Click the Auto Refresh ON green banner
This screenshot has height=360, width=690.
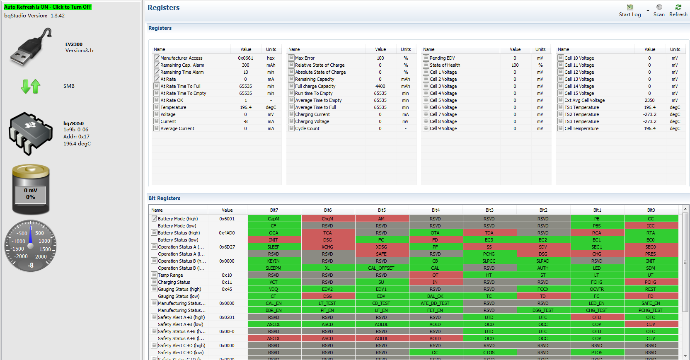pyautogui.click(x=48, y=7)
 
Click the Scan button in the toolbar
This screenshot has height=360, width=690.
pyautogui.click(x=659, y=10)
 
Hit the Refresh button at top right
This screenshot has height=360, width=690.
pyautogui.click(x=678, y=10)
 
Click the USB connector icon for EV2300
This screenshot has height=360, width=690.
pyautogui.click(x=31, y=47)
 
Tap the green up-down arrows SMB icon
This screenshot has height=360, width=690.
pyautogui.click(x=31, y=86)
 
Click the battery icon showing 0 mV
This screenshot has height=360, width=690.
pyautogui.click(x=31, y=189)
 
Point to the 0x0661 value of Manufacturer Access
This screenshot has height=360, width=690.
pyautogui.click(x=245, y=58)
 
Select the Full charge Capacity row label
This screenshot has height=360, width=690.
pyautogui.click(x=315, y=86)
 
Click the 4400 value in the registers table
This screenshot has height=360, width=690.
pyautogui.click(x=380, y=86)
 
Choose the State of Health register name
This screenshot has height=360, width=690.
pyautogui.click(x=445, y=65)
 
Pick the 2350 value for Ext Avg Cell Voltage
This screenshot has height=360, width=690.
pyautogui.click(x=649, y=100)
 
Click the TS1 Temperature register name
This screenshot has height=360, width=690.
pyautogui.click(x=581, y=107)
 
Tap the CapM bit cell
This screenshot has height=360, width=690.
pyautogui.click(x=274, y=219)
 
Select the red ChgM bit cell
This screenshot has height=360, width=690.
pyautogui.click(x=327, y=219)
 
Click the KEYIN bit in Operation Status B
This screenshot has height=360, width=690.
pyautogui.click(x=274, y=261)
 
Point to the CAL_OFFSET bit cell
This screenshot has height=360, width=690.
pyautogui.click(x=381, y=268)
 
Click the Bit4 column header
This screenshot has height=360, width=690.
pyautogui.click(x=436, y=210)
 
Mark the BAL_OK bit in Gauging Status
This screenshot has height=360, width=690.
pyautogui.click(x=435, y=296)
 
